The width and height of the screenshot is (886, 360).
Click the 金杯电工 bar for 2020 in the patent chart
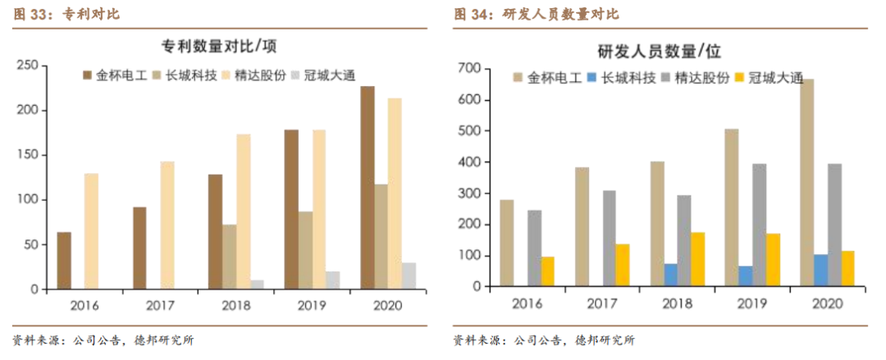point(368,188)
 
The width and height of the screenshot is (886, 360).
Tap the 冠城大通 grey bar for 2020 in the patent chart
point(409,276)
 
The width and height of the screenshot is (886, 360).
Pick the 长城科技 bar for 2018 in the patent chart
point(230,257)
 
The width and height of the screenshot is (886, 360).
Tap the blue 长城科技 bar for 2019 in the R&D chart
point(746,276)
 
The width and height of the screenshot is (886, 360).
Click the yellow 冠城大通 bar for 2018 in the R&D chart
point(698,260)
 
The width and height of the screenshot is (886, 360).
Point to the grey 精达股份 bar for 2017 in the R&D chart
point(610,239)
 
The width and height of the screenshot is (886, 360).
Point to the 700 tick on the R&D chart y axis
point(473,68)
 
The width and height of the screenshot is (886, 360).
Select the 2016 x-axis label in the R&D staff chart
point(527,303)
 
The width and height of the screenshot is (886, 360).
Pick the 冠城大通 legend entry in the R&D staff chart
point(774,79)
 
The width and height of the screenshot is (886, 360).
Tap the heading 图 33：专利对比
point(57,15)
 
